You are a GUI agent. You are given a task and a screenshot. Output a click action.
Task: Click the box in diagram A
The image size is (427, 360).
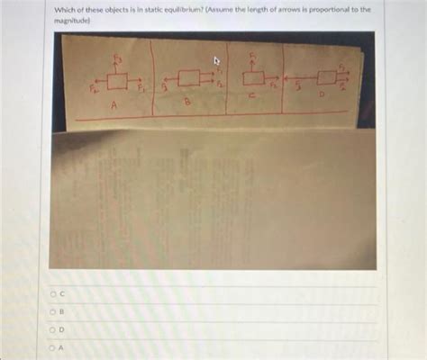pos(117,82)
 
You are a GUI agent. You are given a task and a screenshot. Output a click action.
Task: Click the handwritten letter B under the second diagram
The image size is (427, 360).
pos(188,103)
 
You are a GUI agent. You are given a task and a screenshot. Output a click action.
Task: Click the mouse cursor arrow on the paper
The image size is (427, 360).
pos(215,60)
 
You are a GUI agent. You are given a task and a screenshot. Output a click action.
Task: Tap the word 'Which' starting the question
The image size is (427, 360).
pos(60,8)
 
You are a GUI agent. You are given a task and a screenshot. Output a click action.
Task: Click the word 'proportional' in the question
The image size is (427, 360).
pos(323,8)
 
